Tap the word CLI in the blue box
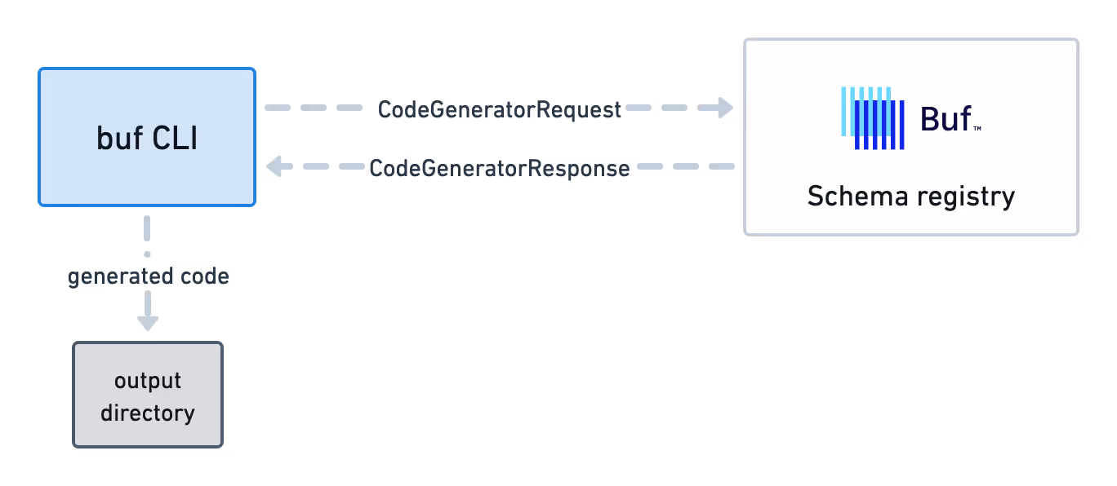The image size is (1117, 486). [x=175, y=139]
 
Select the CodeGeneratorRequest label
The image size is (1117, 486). [x=500, y=110]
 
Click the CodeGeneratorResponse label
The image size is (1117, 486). [x=500, y=169]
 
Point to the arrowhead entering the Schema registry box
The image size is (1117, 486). [x=725, y=108]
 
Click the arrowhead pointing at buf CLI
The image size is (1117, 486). [x=274, y=167]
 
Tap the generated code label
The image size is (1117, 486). [x=148, y=277]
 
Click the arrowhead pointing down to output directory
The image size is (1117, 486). [x=147, y=321]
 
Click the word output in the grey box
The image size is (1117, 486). [x=148, y=381]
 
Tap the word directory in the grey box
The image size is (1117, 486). [x=148, y=413]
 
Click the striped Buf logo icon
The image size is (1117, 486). [x=872, y=118]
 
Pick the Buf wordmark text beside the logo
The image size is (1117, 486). [x=946, y=120]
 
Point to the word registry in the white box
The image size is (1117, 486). [x=965, y=197]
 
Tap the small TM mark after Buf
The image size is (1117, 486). [x=977, y=129]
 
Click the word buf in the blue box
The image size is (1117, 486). [x=118, y=139]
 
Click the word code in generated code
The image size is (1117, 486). [x=204, y=277]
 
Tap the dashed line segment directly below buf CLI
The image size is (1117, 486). [x=147, y=228]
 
